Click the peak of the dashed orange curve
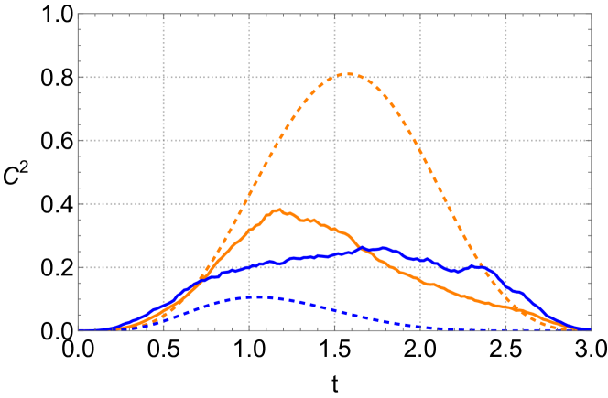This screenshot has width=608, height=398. click(x=349, y=74)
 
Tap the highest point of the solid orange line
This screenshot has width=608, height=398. click(x=277, y=210)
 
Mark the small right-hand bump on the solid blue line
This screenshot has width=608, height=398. click(x=475, y=266)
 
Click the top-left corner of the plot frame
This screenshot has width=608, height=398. click(x=78, y=14)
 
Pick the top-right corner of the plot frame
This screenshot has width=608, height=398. click(x=592, y=14)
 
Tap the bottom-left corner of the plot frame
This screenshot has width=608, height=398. click(x=78, y=330)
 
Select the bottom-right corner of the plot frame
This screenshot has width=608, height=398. click(x=592, y=330)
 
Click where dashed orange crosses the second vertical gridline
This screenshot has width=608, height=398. click(x=249, y=194)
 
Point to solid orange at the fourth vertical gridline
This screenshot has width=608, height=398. click(x=420, y=281)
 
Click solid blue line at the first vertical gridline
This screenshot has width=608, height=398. click(x=163, y=306)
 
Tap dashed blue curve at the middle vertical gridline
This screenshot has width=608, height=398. click(x=334, y=311)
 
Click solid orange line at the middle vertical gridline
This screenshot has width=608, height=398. click(x=334, y=229)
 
